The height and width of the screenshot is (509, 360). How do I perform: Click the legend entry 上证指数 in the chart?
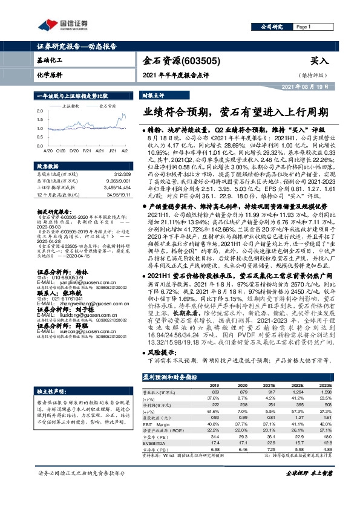[x=70, y=106]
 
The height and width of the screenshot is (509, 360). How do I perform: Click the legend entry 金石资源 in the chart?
[x=106, y=106]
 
